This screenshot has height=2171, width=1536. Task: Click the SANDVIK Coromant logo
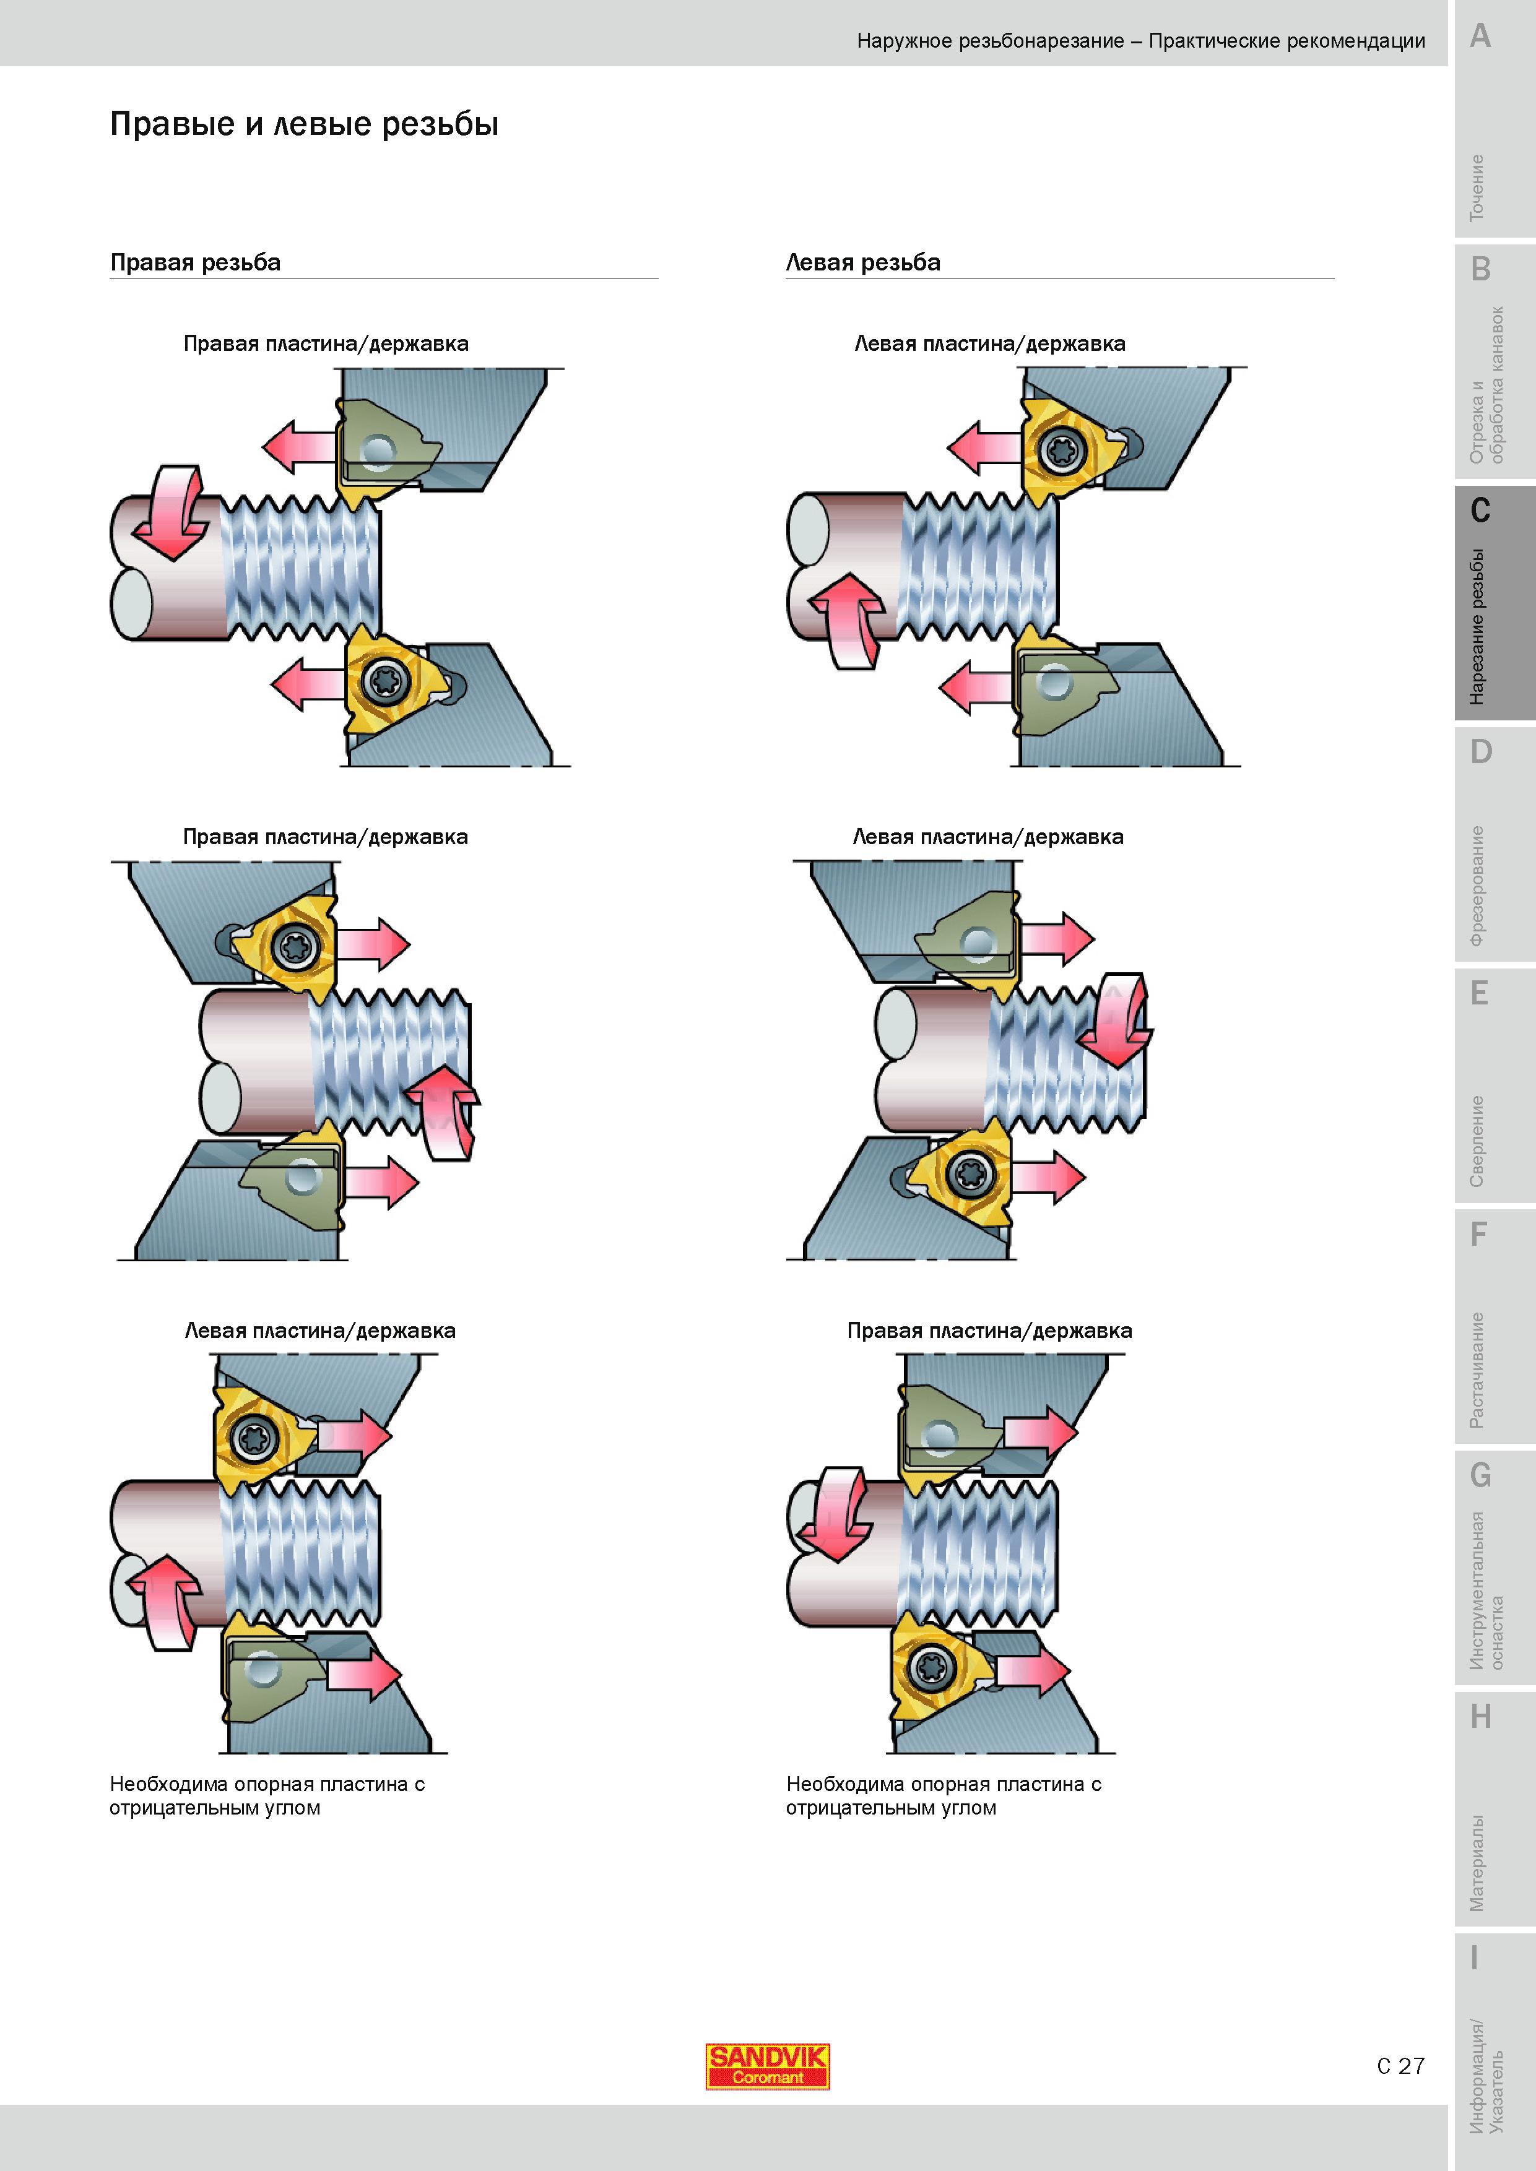tap(767, 2066)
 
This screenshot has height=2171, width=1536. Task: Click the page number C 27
tap(1401, 2066)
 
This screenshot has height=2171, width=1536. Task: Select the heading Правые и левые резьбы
tap(305, 124)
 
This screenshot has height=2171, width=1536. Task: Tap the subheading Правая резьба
tap(196, 262)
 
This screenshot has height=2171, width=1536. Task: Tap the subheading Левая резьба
tap(862, 262)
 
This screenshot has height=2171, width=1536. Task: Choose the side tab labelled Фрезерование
tap(1477, 886)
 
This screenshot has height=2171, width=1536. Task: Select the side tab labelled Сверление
tap(1477, 1141)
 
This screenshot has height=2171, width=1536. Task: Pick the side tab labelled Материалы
tap(1477, 1863)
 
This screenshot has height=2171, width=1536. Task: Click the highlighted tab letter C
tap(1480, 511)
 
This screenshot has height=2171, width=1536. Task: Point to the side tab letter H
tap(1480, 1716)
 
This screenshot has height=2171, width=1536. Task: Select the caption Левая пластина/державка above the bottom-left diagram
tap(319, 1331)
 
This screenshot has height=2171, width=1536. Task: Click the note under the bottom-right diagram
tap(944, 1795)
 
